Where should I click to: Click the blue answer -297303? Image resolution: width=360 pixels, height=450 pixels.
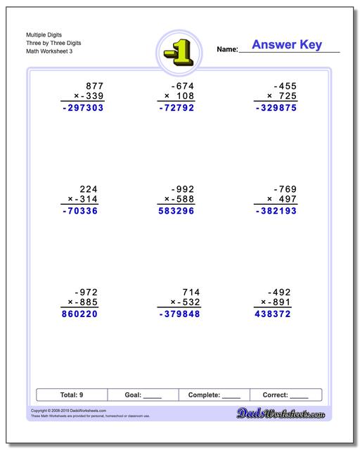tap(82, 108)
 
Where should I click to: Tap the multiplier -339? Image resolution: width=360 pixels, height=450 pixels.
tap(87, 96)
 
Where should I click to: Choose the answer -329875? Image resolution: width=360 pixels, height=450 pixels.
tap(275, 108)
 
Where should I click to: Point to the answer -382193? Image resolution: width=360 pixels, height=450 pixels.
tap(275, 210)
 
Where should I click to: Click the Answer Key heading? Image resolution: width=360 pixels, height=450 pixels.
tap(286, 46)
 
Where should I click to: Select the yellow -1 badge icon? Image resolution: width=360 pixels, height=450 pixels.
tap(179, 51)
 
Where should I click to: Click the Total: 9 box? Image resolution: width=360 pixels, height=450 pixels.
tap(72, 394)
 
